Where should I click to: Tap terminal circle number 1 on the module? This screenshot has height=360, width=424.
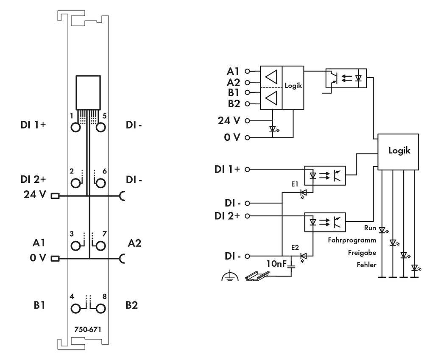point(76,127)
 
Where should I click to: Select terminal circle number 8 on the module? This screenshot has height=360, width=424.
point(101,308)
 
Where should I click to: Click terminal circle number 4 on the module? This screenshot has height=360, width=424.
point(76,308)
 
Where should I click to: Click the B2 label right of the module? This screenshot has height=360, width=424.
point(131,305)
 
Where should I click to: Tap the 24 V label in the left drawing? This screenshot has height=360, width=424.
point(36,195)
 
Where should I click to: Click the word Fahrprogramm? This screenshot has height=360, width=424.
point(352,240)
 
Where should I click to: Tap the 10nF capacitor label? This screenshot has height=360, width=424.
point(276,264)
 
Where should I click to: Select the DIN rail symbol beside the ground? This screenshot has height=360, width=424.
point(257,277)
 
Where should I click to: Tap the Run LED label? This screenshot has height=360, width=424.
point(370,228)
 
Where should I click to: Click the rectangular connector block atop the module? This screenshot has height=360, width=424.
point(88,92)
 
